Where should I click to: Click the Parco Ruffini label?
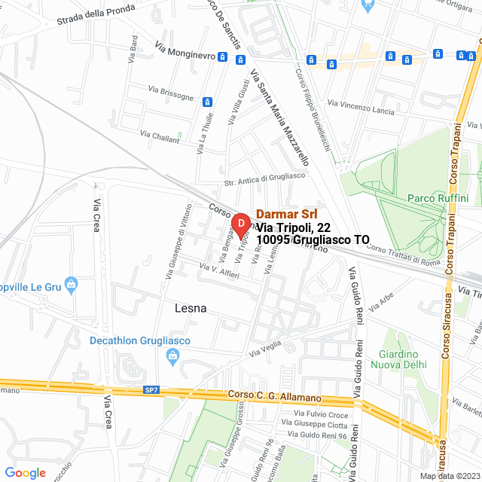[x=438, y=198]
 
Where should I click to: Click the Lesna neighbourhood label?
[x=191, y=309]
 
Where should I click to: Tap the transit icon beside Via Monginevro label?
[x=222, y=56]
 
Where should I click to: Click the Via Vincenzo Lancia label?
[x=361, y=106]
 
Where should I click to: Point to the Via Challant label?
[x=160, y=136]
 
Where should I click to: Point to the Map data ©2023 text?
[x=449, y=475]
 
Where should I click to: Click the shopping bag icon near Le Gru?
[x=71, y=284]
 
